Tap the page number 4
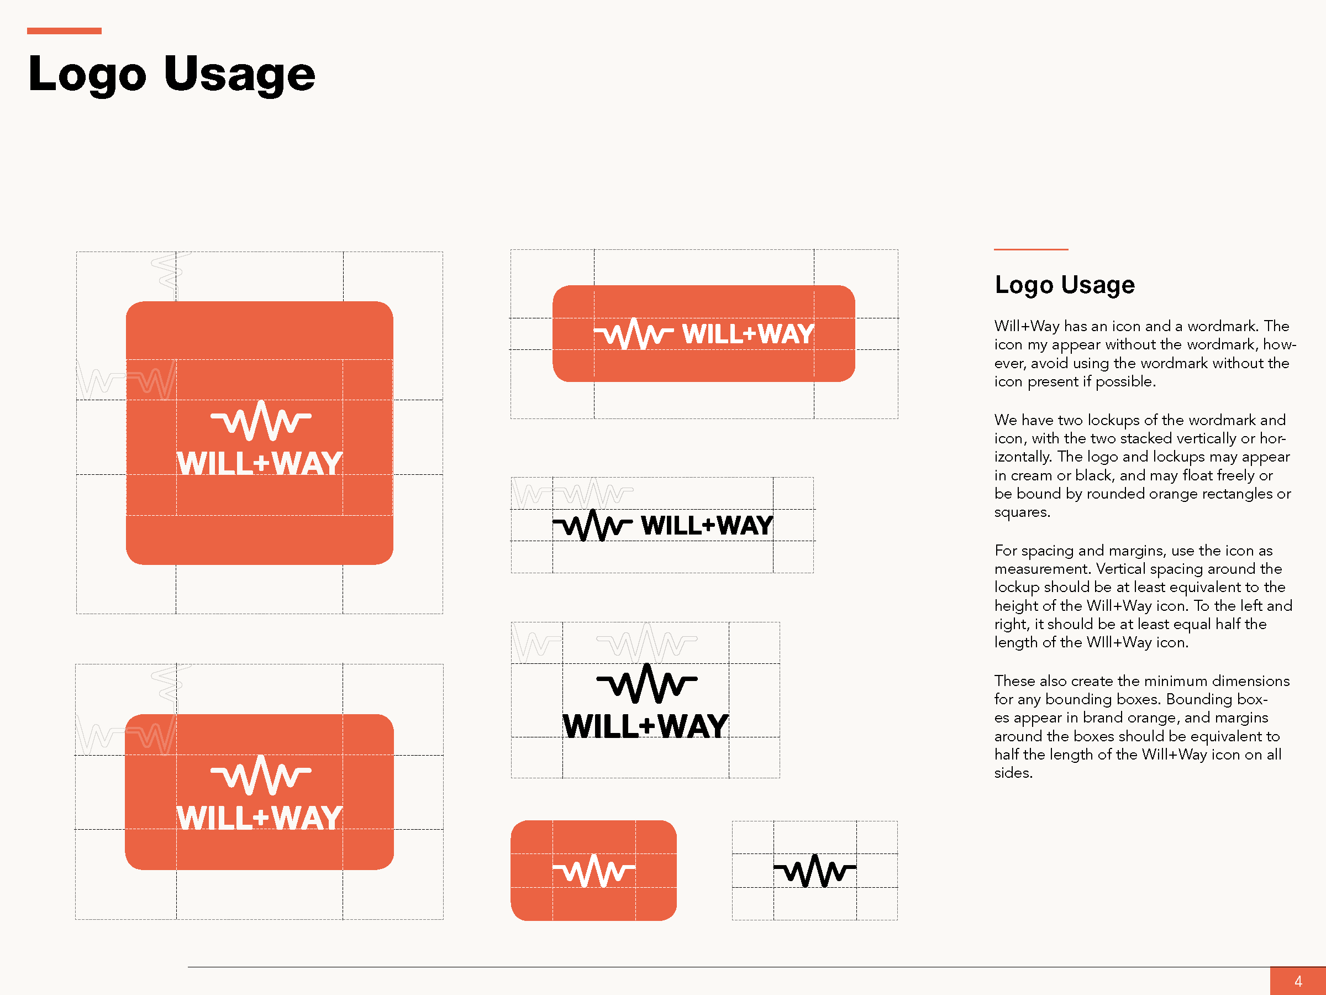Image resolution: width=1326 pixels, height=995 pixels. (x=1298, y=981)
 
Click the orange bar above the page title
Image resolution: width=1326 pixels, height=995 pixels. (x=64, y=30)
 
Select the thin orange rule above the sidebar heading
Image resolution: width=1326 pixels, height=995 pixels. (x=1031, y=249)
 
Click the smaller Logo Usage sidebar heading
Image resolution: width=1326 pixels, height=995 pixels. (x=1065, y=285)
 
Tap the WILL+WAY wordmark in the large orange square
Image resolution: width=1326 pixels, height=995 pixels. (x=260, y=464)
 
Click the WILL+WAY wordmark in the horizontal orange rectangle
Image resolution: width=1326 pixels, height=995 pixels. (x=748, y=334)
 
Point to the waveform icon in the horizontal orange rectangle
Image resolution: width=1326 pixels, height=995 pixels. (x=634, y=334)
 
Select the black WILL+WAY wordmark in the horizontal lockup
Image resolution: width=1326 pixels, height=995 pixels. (x=707, y=525)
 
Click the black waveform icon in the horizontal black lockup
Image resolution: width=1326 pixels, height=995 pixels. (x=592, y=525)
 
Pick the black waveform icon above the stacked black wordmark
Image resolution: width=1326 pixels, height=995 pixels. (x=647, y=683)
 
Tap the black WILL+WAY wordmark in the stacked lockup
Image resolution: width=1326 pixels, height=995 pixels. (x=646, y=726)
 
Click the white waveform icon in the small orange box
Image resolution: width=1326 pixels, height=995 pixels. (x=594, y=870)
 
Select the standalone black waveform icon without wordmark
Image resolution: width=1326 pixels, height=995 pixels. (x=815, y=870)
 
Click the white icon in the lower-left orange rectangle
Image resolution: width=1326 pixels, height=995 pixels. (x=261, y=775)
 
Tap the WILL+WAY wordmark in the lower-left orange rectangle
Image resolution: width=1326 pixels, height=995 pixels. (x=260, y=818)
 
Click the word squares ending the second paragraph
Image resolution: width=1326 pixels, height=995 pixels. (x=1022, y=513)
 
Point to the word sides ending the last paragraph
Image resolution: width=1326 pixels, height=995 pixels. (x=1014, y=773)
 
